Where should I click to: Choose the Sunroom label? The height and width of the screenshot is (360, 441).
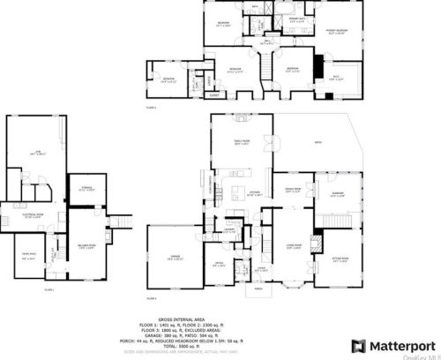(339, 195)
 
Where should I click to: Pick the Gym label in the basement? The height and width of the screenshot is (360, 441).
(36, 153)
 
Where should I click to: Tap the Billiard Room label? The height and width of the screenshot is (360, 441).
(87, 247)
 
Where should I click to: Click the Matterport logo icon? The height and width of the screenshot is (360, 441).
(356, 345)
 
